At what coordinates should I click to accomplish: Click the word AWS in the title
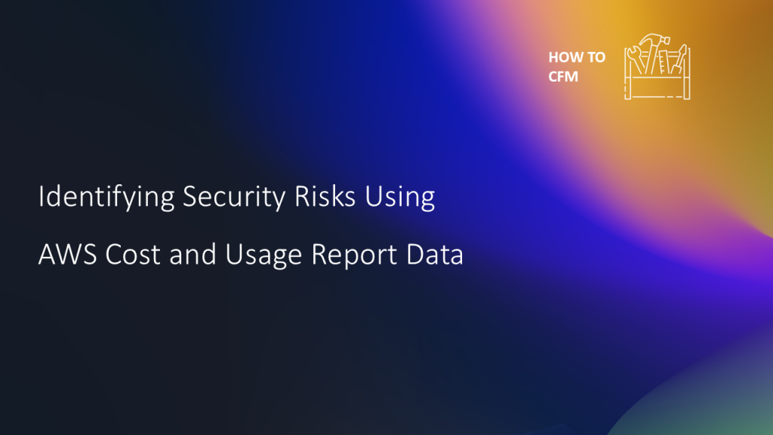pos(67,255)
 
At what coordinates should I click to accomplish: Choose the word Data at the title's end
pos(436,255)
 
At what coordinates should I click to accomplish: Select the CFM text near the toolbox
pos(563,76)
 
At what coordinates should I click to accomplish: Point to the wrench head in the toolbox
pos(633,54)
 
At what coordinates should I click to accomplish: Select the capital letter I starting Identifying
pos(41,198)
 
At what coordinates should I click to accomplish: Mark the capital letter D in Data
pos(417,255)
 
